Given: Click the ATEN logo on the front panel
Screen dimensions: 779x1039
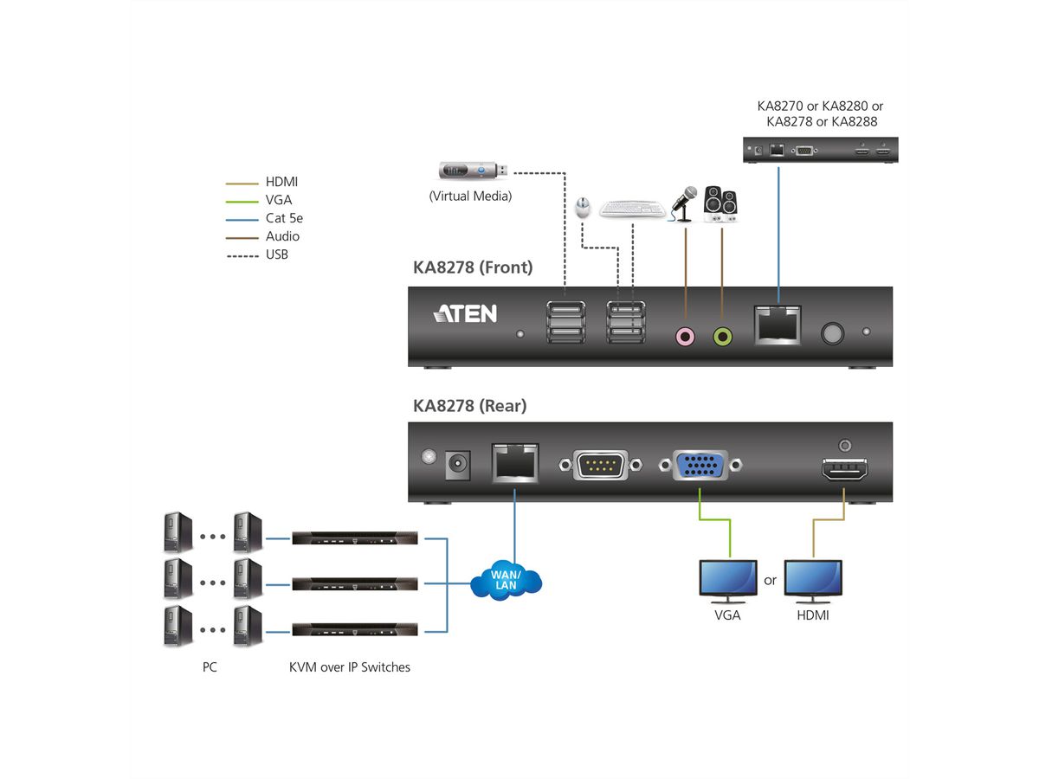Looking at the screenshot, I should (465, 313).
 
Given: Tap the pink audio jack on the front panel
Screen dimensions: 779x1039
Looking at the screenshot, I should (686, 335).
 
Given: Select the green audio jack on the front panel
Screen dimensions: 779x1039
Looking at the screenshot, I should (722, 335).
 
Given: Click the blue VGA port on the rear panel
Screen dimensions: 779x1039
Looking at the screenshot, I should (700, 465).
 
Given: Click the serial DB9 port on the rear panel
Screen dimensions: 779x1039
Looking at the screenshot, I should (601, 466).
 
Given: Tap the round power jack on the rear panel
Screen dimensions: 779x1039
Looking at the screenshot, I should (457, 466).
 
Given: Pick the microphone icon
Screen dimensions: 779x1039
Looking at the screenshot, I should (686, 203).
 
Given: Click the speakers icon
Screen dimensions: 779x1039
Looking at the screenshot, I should (720, 204).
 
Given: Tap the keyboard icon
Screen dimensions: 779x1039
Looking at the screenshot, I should (632, 209).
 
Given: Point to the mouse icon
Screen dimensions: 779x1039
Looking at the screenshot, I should (584, 207).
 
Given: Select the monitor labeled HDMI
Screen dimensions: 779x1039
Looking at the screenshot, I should (812, 581).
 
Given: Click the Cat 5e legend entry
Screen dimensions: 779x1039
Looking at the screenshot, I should (283, 218).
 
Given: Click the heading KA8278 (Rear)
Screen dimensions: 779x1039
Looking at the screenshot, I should (469, 405).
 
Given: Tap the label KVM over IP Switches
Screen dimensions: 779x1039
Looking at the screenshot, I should (350, 666).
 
